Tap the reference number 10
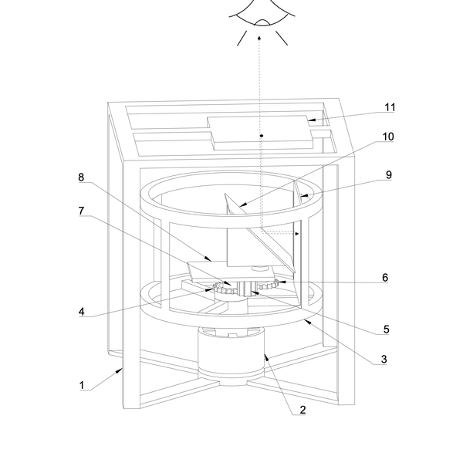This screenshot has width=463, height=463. coord(387,137)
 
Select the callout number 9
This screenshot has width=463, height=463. coord(389,175)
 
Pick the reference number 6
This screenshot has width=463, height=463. coord(384,278)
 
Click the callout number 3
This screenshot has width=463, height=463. coord(384,359)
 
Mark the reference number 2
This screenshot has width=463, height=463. coord(302,410)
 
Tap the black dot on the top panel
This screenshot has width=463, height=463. coord(262,136)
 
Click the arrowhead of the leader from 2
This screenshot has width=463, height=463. coord(265,356)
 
